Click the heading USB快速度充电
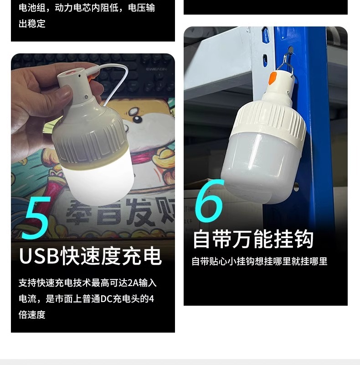[x=90, y=256]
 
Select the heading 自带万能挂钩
[x=253, y=239]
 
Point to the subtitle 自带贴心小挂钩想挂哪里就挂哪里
[x=259, y=261]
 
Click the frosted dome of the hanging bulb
[x=260, y=164]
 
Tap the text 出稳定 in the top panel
[x=32, y=24]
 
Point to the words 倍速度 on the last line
[x=32, y=315]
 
